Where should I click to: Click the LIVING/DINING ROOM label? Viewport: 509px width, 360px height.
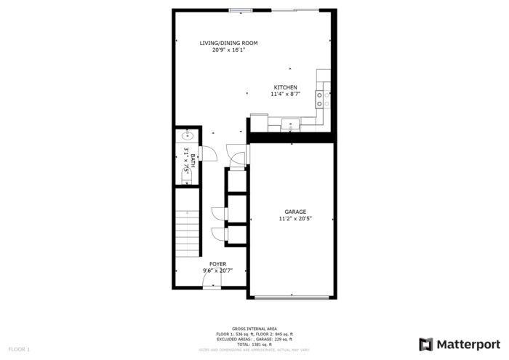228,43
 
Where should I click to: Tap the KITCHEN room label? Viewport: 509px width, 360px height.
284,87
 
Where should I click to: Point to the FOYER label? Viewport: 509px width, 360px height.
217,263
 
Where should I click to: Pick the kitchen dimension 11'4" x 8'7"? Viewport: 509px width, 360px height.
284,94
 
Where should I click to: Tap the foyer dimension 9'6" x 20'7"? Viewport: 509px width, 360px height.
217,271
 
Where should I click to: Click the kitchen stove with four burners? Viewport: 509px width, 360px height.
323,97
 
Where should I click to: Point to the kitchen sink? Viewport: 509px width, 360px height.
291,124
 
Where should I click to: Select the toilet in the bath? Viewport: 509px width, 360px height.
183,179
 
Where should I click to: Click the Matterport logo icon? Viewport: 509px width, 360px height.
426,344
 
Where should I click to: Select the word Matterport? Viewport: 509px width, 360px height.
468,344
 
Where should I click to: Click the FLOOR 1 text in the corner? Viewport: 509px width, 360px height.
20,350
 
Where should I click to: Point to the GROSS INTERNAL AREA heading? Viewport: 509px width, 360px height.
254,329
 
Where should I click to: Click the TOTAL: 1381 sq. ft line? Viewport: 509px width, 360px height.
254,344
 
